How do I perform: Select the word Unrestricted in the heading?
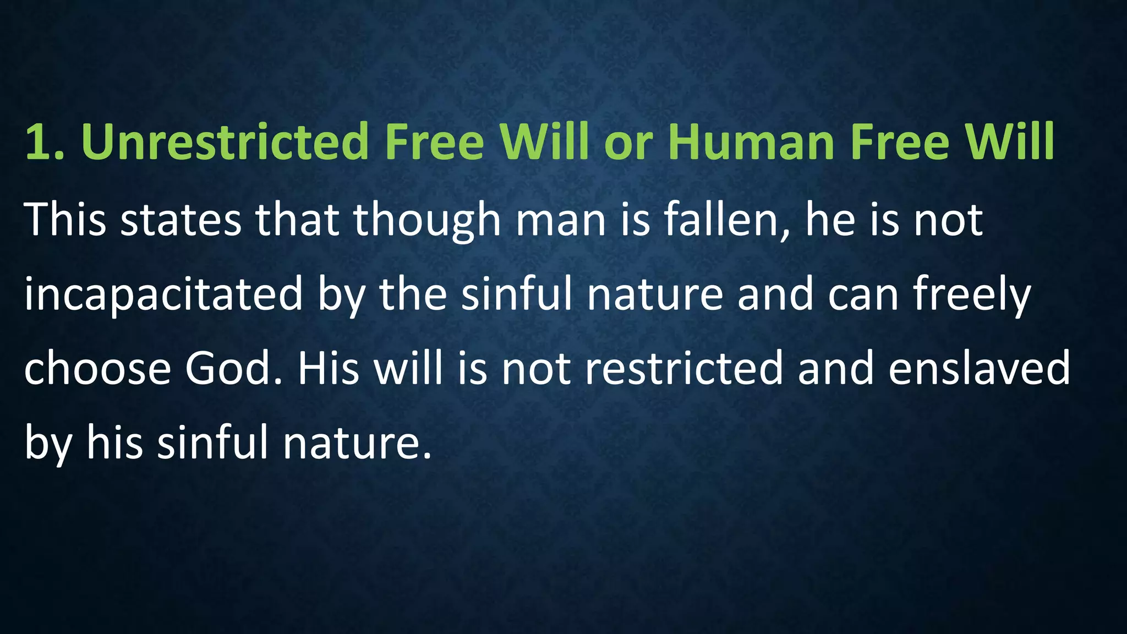[x=225, y=142]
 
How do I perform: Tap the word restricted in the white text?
[x=683, y=368]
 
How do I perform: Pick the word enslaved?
[x=979, y=368]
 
